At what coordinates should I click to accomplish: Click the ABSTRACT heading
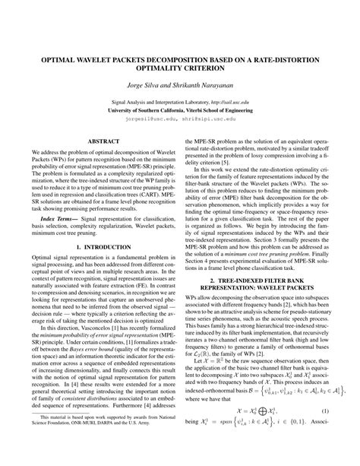pos(94,141)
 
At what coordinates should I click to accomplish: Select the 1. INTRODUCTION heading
pos(94,268)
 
